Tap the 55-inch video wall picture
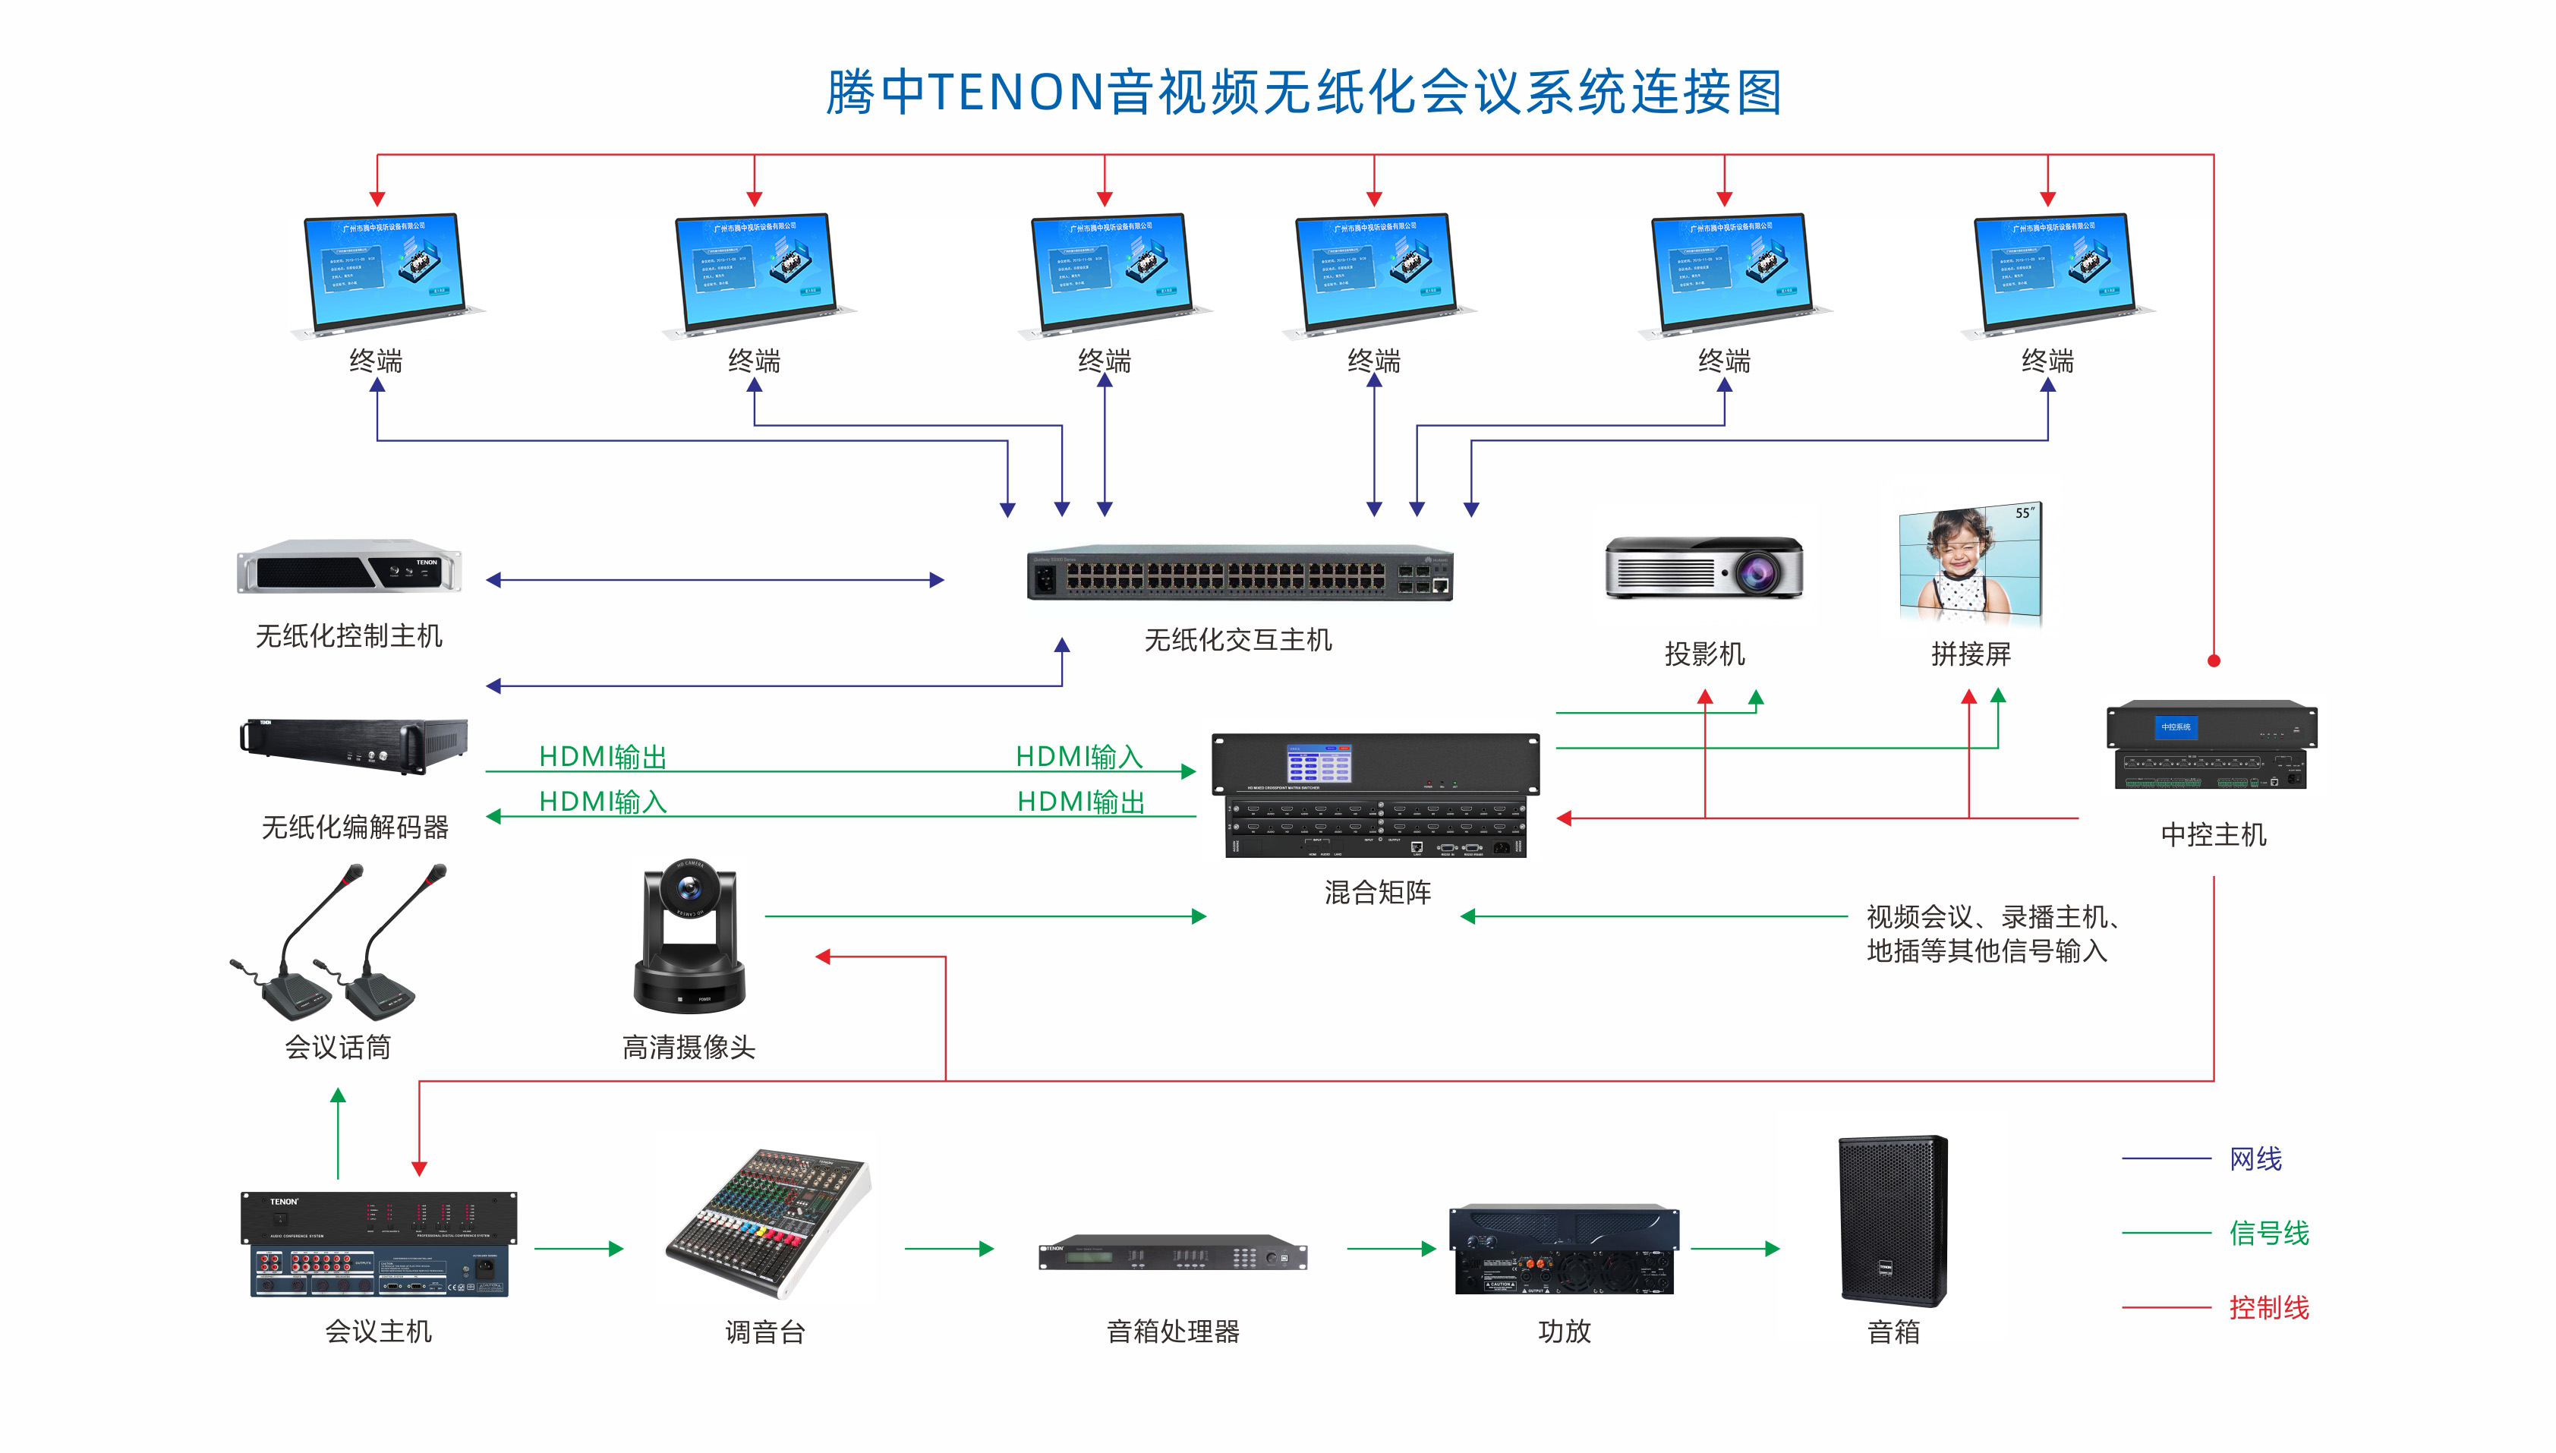point(1971,566)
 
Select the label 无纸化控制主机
point(348,635)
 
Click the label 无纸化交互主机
point(1237,640)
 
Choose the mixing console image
point(766,1222)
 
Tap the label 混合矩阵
point(1377,892)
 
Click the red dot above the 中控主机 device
point(2213,660)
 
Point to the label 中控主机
point(2213,834)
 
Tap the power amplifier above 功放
point(1563,1250)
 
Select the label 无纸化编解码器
point(355,827)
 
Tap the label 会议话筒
point(337,1047)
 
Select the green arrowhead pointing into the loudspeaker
point(1772,1249)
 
